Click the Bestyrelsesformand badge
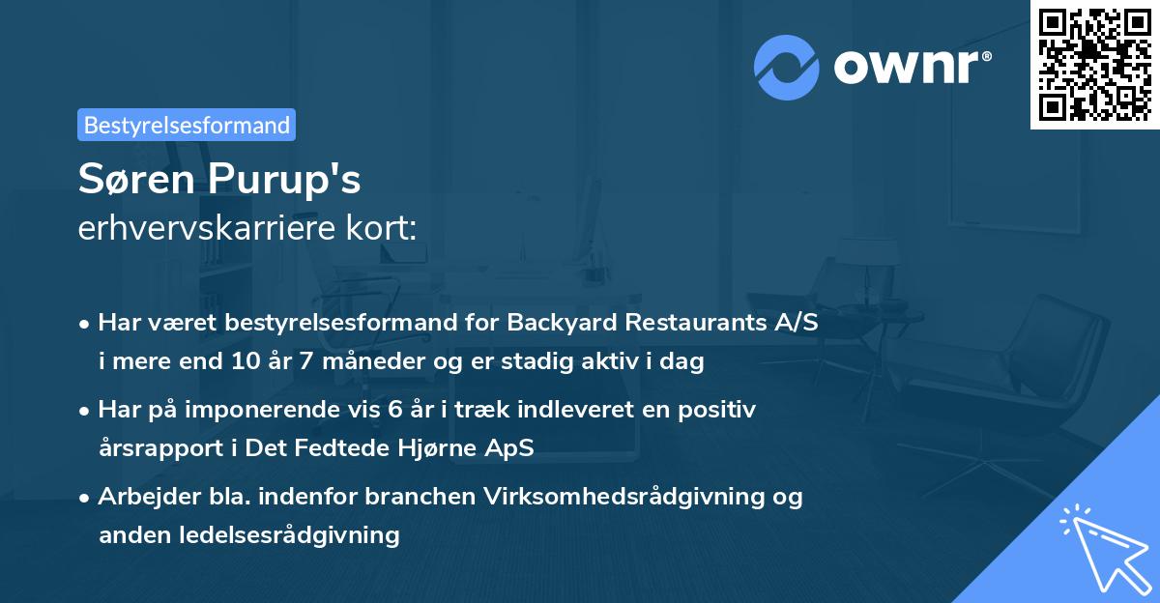point(187,125)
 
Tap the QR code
point(1094,65)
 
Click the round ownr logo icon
point(787,67)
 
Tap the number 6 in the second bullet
point(394,410)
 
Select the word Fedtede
point(331,448)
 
